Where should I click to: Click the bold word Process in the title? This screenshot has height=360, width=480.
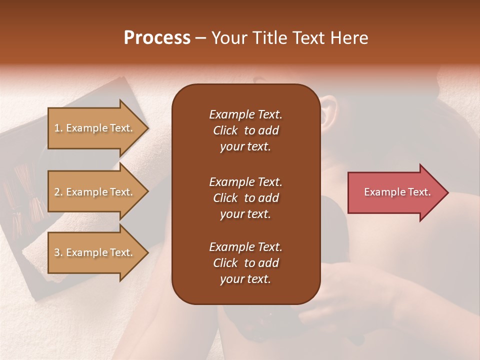tap(157, 37)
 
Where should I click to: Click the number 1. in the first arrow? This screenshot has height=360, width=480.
tap(58, 128)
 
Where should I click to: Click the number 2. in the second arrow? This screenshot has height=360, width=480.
tap(58, 192)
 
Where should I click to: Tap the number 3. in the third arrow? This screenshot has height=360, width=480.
tap(58, 252)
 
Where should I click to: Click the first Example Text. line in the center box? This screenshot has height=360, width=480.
tap(245, 114)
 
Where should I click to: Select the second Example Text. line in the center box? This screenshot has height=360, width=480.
tap(245, 181)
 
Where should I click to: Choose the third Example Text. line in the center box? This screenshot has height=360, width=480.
tap(245, 247)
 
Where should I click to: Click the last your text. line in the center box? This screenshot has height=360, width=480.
tap(245, 279)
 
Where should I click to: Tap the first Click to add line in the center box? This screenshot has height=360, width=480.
tap(245, 130)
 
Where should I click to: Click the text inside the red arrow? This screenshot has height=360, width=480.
tap(397, 192)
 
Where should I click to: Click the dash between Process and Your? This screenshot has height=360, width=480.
tap(200, 38)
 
